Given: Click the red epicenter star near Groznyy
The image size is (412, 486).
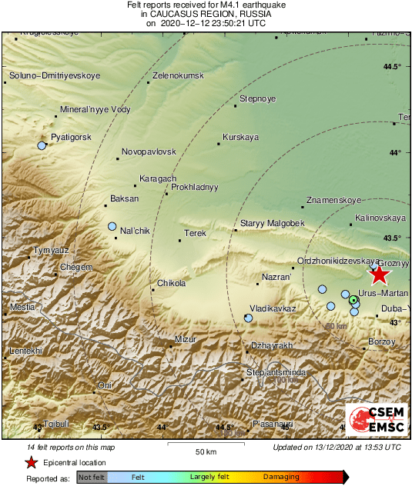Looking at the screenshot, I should [x=379, y=275].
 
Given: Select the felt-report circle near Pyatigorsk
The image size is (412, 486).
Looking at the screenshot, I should [x=42, y=145].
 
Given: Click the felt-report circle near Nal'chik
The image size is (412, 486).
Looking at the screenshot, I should [x=112, y=227].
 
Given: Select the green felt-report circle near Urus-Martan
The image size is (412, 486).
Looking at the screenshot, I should [x=353, y=299].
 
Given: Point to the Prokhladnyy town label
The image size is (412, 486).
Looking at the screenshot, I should [x=195, y=187].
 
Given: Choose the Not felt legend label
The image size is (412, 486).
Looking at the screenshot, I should [x=92, y=477].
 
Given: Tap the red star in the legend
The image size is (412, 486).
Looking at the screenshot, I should [x=31, y=463].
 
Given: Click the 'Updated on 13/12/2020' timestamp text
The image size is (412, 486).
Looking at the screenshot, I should [x=337, y=447].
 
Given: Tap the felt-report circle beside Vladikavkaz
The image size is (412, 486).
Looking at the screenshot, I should [x=248, y=317].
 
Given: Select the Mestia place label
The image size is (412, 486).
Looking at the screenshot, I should [x=22, y=308].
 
